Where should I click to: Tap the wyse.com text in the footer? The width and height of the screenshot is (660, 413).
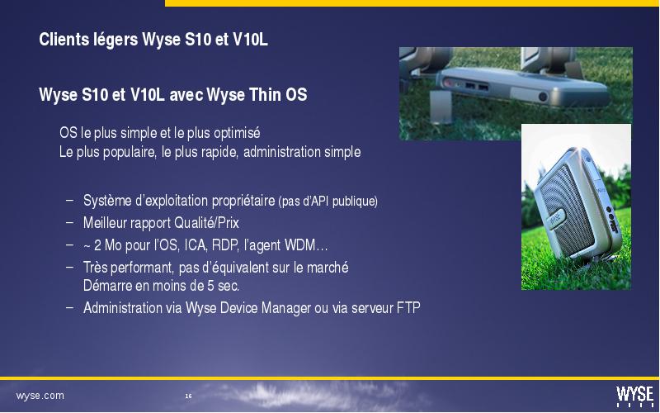click(40, 396)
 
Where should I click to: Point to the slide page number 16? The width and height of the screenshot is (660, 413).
click(188, 396)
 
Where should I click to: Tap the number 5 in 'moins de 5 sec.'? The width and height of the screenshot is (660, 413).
click(211, 286)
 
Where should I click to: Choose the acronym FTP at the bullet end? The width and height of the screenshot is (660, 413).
click(408, 307)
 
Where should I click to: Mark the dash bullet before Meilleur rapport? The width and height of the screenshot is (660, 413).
click(70, 221)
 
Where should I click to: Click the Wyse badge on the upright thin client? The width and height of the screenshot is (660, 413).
click(556, 218)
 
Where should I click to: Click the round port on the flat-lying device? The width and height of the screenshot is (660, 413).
click(543, 97)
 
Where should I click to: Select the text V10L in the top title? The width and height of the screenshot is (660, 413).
click(250, 40)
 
